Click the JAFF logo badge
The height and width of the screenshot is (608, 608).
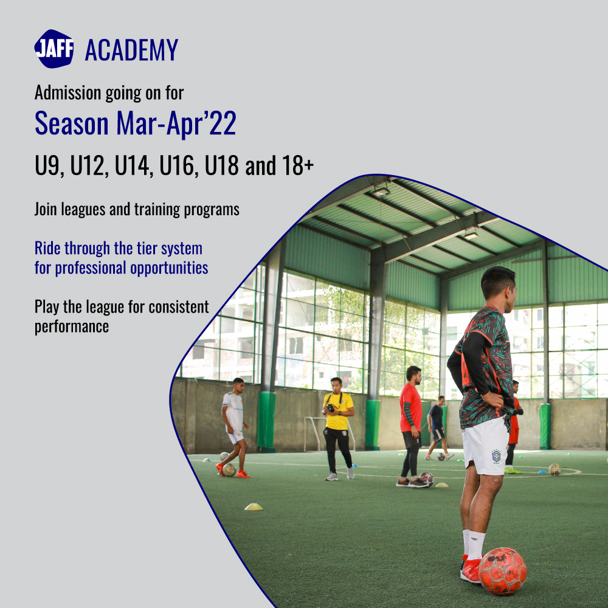(54, 49)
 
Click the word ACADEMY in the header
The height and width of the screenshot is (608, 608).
(131, 50)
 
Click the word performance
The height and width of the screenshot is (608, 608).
(72, 326)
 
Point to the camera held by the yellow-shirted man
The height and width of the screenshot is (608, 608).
(330, 408)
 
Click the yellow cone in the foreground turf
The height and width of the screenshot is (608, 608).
(254, 506)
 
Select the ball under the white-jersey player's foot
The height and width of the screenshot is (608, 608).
(229, 469)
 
